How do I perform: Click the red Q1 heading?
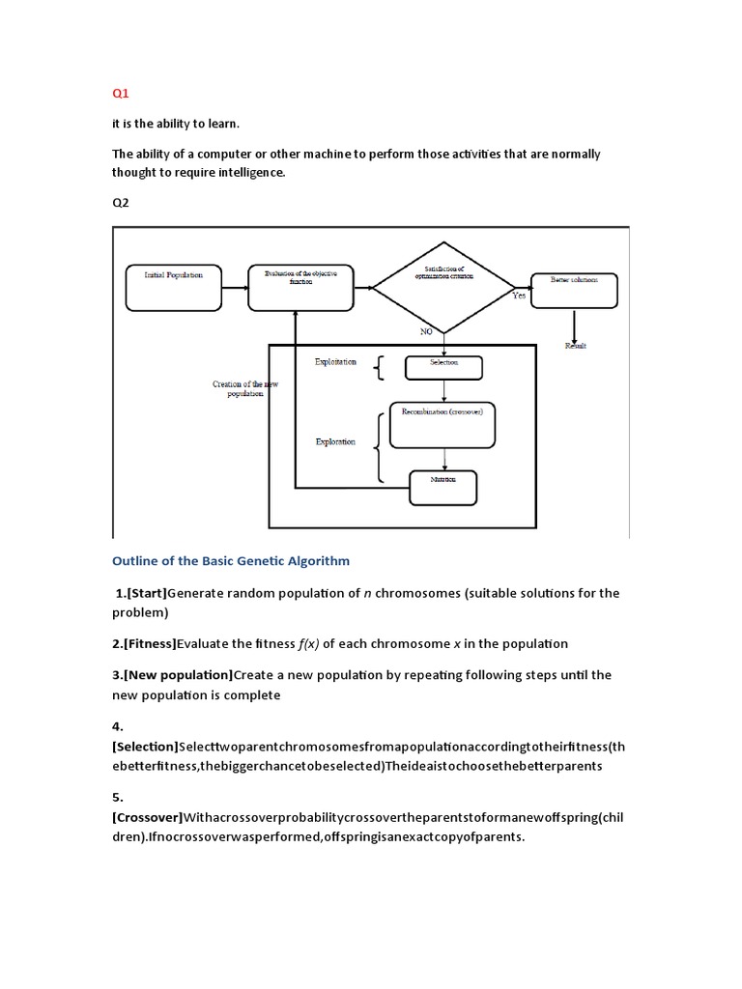tap(121, 94)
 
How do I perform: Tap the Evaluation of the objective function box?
tap(296, 286)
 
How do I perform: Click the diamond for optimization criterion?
tap(444, 285)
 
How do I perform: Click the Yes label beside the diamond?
tap(519, 297)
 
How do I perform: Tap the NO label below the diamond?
tap(426, 331)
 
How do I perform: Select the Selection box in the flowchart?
tap(443, 366)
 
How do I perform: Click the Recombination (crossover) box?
tap(442, 424)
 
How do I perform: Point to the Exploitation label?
tap(335, 362)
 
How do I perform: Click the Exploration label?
tap(335, 442)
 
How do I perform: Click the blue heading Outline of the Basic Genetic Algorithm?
tap(231, 560)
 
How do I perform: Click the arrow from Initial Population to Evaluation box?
tap(234, 286)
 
